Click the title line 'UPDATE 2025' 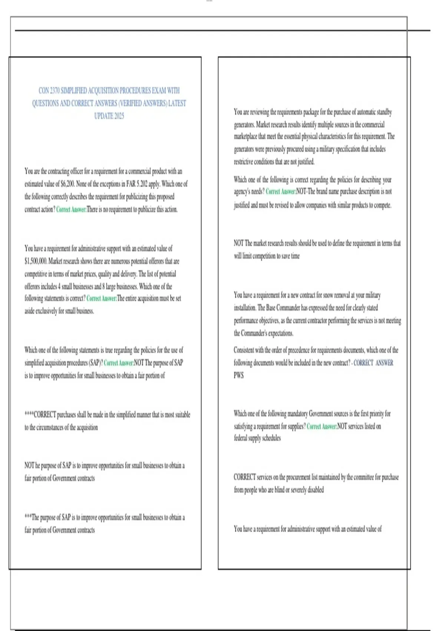109,116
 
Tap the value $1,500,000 36,261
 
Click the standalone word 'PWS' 239,376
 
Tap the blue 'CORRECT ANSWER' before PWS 373,363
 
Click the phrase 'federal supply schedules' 257,438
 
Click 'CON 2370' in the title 49,91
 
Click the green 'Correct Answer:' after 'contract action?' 71,210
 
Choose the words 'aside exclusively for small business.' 59,311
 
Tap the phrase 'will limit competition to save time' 267,256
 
